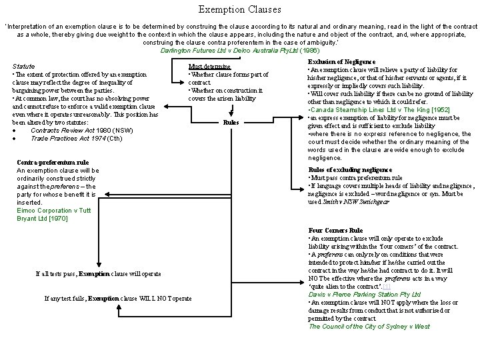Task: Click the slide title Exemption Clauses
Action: (x=239, y=10)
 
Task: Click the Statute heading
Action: (x=24, y=67)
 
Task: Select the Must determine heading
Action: (x=209, y=67)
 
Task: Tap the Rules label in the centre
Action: (x=231, y=123)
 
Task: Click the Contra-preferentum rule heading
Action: (x=53, y=162)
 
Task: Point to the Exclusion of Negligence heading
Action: (x=338, y=61)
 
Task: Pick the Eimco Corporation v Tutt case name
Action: (x=53, y=210)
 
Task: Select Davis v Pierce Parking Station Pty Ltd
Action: (x=364, y=294)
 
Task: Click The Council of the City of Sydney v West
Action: (x=369, y=326)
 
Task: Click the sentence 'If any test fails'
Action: (x=117, y=298)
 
